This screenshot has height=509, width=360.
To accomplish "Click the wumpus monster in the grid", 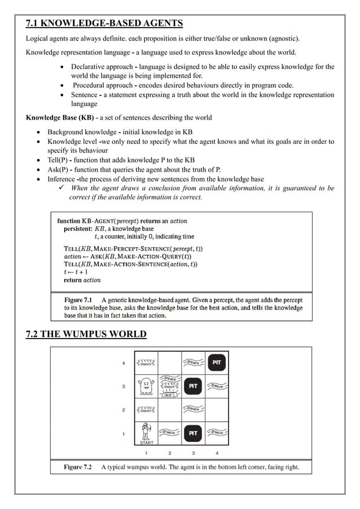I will point(146,387).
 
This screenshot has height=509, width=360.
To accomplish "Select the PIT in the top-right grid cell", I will point(217,363).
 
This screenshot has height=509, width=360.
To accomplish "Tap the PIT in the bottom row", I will point(193,433).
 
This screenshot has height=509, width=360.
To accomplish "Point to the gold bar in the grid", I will point(169,395).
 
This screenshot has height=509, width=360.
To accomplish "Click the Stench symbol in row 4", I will point(146,363).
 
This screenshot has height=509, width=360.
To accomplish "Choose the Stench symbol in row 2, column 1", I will point(146,410).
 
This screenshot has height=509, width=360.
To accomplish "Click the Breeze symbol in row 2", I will point(193,408).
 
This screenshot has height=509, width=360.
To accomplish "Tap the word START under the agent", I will point(146,442).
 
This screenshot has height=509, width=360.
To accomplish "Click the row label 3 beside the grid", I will point(124,387).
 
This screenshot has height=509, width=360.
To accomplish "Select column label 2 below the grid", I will point(169,453).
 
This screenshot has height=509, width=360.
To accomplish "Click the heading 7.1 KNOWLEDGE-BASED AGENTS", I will point(104,23).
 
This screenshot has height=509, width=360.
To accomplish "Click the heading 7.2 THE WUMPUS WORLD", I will point(86,335).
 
